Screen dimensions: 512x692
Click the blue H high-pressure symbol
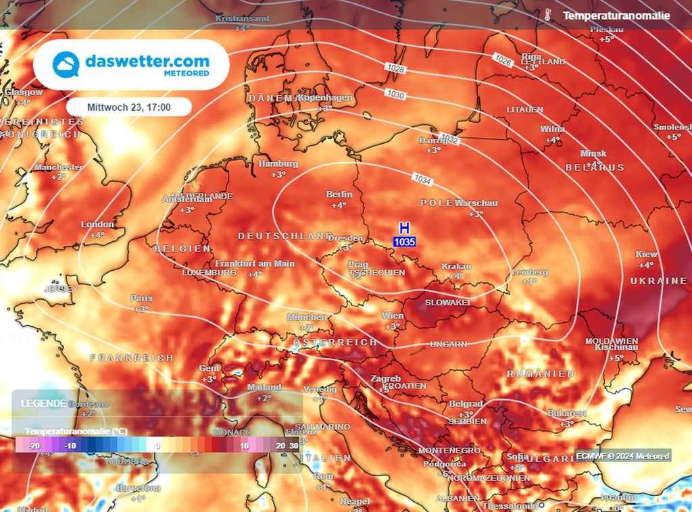[x=404, y=228]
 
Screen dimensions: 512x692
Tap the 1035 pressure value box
[x=404, y=241]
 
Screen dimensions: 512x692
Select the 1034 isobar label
[x=423, y=180]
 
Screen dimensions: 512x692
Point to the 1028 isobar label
[x=397, y=69]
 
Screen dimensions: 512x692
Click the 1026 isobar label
[x=503, y=60]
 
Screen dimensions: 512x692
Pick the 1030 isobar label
[x=396, y=94]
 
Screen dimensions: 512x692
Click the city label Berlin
[x=339, y=195]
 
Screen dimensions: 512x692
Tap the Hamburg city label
[x=278, y=164]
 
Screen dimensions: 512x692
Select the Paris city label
[x=142, y=299]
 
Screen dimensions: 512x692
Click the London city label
[x=97, y=224]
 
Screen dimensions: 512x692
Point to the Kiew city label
[x=647, y=255]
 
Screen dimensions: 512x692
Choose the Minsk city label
[x=593, y=154]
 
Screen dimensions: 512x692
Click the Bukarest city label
[x=568, y=413]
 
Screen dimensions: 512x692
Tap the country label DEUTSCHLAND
[x=285, y=236]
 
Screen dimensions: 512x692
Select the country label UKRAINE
[x=659, y=280]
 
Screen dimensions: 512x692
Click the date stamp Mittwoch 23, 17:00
[x=129, y=107]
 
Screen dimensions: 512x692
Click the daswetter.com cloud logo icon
[x=67, y=65]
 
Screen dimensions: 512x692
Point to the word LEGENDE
[x=43, y=403]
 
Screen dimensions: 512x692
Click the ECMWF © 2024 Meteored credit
[x=622, y=456]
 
